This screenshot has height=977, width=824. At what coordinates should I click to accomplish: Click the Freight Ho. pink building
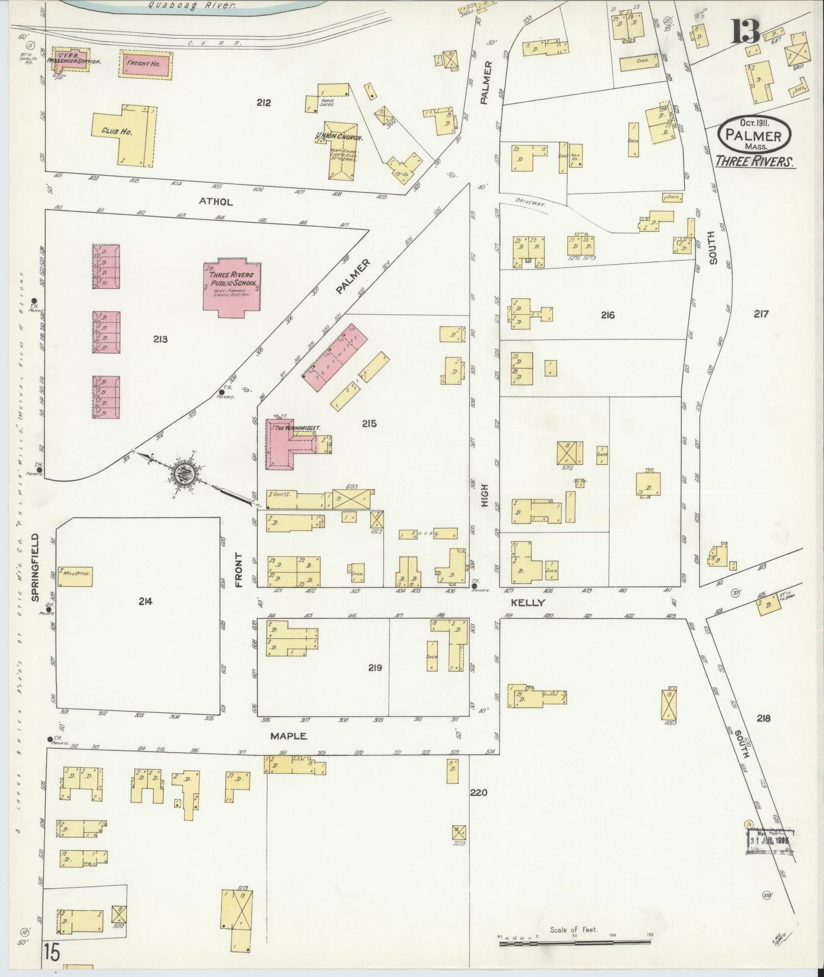(x=146, y=64)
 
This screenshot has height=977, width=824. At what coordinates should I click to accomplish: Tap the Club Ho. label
(x=116, y=131)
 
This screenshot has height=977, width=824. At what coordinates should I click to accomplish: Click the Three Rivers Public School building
(x=231, y=287)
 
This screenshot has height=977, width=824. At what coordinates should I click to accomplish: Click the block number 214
(x=145, y=602)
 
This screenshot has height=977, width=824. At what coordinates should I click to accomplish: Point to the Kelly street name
(x=528, y=603)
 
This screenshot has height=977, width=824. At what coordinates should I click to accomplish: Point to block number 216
(x=607, y=315)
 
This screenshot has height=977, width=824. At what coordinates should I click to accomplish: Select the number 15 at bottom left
(x=52, y=952)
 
